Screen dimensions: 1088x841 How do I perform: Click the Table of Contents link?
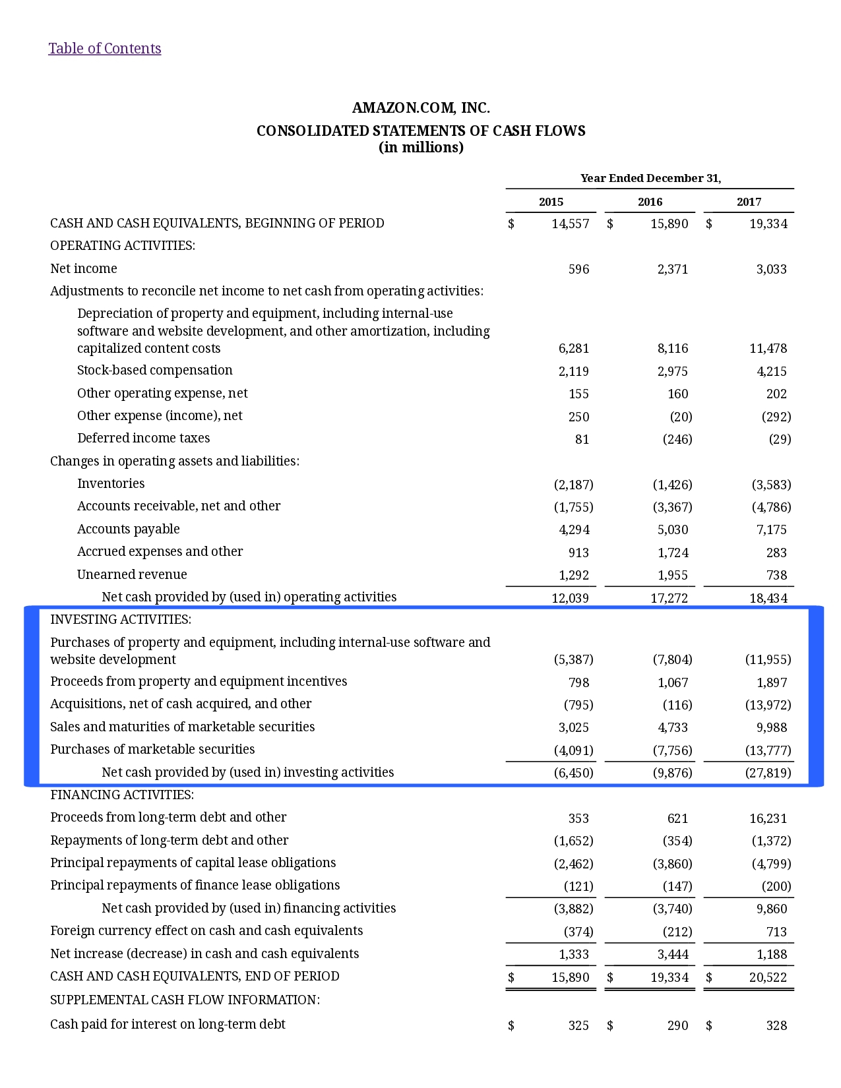[104, 48]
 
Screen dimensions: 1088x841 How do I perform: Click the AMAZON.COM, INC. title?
[421, 107]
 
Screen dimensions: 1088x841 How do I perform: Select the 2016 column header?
[650, 202]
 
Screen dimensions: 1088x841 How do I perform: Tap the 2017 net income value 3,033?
[771, 269]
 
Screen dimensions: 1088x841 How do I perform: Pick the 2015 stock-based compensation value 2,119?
[573, 371]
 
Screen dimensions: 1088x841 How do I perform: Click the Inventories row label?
[111, 483]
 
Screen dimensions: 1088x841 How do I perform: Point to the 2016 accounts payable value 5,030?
[672, 529]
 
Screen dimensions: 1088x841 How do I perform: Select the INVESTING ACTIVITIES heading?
[121, 619]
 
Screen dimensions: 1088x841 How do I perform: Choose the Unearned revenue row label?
[132, 574]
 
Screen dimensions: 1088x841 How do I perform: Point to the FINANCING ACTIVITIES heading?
[122, 795]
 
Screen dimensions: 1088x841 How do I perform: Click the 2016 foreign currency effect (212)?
[677, 932]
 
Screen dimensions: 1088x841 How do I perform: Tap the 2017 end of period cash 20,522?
[768, 977]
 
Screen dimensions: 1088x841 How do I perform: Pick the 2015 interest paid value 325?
[578, 1025]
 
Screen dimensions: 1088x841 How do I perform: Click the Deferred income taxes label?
[143, 438]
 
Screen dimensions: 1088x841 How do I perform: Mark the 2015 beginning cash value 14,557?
[570, 224]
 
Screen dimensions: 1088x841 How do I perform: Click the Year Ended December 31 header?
[650, 178]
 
